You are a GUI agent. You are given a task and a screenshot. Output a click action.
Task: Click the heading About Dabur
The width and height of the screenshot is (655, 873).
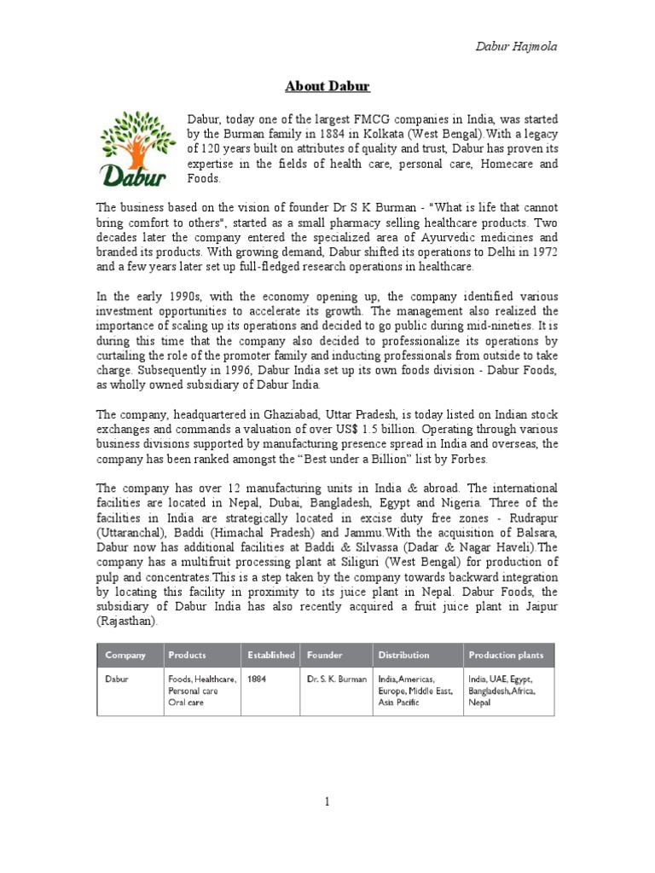click(327, 86)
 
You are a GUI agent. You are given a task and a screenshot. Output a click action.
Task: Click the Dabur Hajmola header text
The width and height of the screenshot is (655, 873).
click(517, 45)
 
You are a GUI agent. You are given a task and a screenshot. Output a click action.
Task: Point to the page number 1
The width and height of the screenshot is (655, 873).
click(326, 801)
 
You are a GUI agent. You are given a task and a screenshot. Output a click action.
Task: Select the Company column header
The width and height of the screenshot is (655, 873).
click(125, 656)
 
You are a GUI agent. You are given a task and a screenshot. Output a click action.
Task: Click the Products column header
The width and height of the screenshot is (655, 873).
click(187, 656)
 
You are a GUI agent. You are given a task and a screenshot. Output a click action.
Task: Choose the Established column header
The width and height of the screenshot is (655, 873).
click(271, 656)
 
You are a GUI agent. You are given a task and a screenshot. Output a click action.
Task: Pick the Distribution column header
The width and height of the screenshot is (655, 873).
click(404, 656)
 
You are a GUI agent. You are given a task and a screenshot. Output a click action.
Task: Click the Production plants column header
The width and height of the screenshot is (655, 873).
click(506, 656)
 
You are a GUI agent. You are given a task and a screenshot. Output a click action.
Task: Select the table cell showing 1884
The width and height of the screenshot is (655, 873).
click(257, 679)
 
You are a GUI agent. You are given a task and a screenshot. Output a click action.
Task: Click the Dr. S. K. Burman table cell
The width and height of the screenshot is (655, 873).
click(337, 679)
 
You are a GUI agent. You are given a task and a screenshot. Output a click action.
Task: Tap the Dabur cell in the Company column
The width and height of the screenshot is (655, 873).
click(117, 679)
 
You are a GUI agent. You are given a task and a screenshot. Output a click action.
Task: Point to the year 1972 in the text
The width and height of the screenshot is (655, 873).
click(542, 252)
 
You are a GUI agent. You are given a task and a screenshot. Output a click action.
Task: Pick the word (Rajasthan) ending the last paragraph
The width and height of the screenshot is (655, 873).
click(125, 621)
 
